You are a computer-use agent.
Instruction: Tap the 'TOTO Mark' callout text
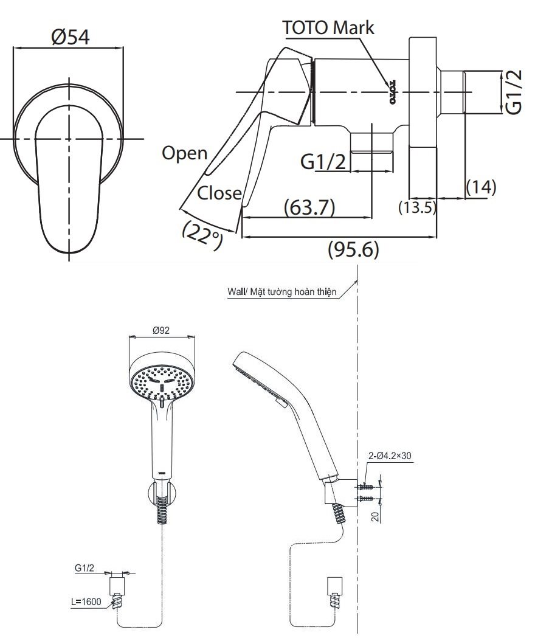[329, 27]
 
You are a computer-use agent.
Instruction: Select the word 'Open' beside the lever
[184, 153]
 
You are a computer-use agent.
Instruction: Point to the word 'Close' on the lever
[219, 193]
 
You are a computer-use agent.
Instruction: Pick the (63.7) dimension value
[309, 207]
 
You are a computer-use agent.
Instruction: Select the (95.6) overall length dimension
[353, 249]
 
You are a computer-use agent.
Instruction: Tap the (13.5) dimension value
[418, 207]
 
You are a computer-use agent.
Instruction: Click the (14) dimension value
[481, 187]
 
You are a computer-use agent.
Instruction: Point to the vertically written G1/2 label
[514, 92]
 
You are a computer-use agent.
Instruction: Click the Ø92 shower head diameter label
[161, 331]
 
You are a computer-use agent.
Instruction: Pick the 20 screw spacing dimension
[375, 516]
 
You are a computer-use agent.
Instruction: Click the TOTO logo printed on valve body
[393, 89]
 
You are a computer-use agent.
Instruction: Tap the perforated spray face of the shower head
[162, 381]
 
